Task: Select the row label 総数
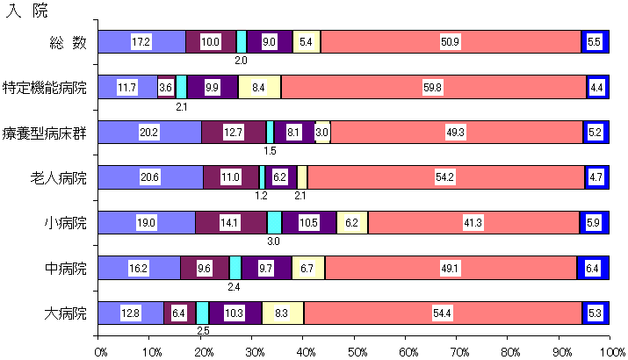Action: tap(69, 42)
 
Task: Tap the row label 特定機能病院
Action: tap(45, 87)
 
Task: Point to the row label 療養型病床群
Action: tap(45, 133)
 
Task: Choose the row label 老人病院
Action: tap(59, 177)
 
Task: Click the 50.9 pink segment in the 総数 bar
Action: tap(450, 42)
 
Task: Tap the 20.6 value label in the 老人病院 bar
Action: tap(149, 177)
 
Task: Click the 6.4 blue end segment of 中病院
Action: tap(593, 268)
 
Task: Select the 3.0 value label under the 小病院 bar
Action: tap(274, 241)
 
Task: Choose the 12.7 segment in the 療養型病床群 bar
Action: tap(234, 133)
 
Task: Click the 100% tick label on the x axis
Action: tap(610, 351)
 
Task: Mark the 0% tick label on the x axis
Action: tap(100, 351)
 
